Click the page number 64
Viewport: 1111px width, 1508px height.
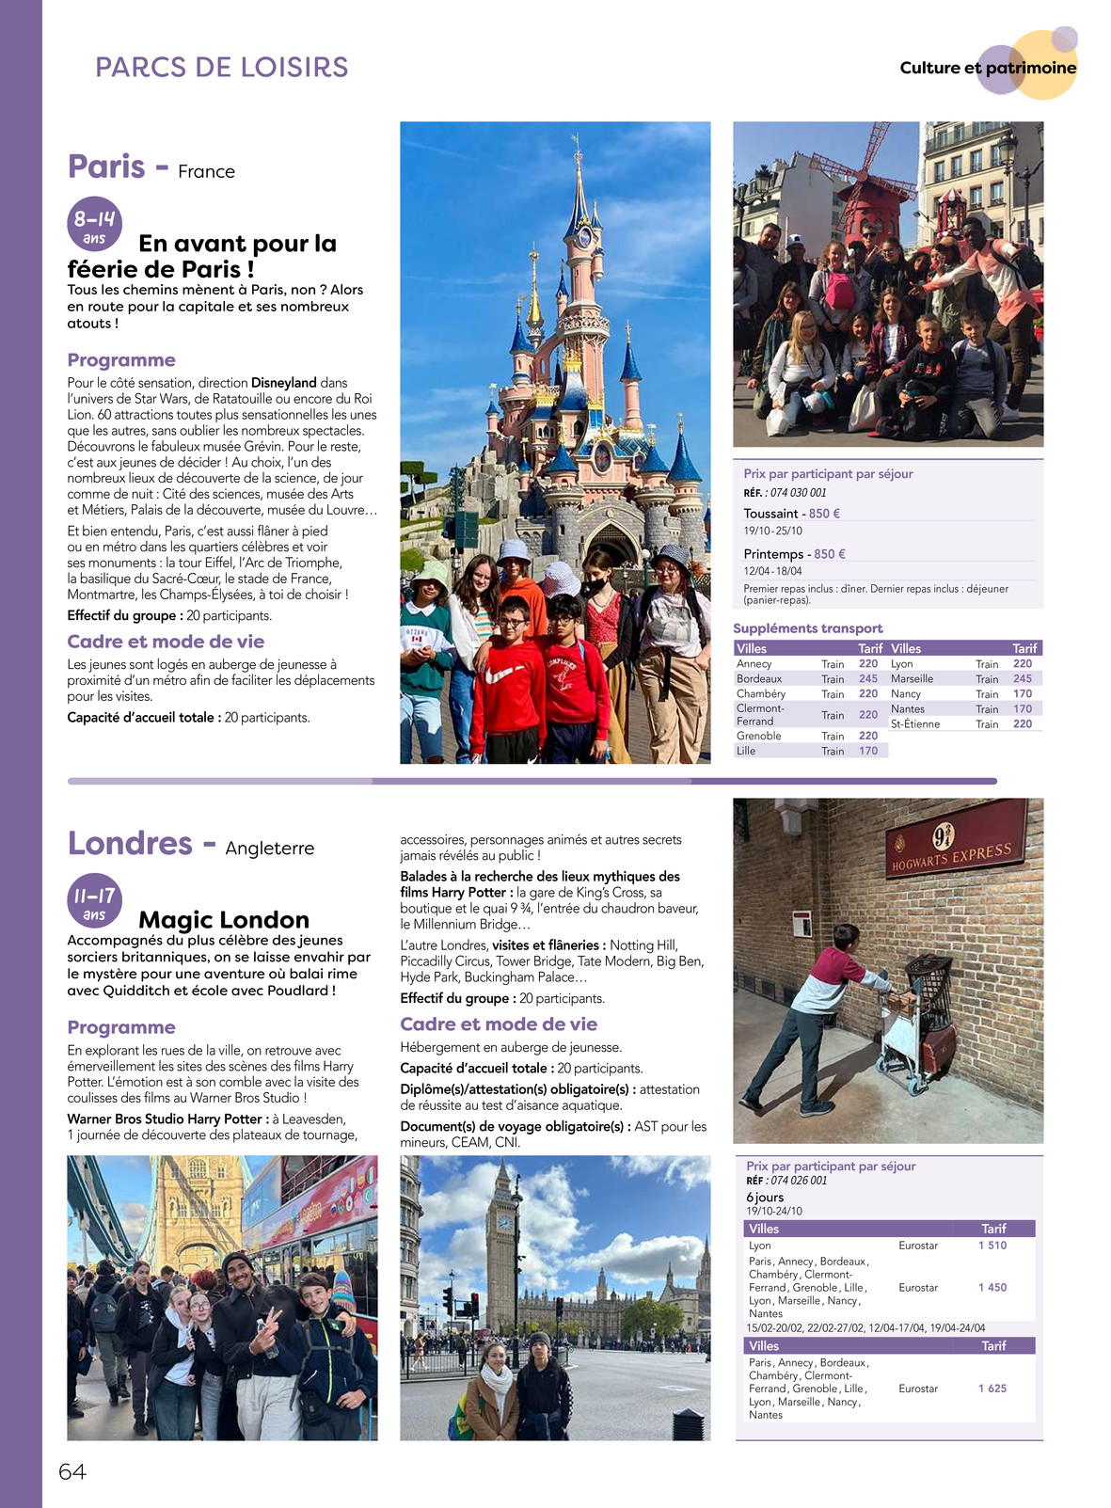[x=72, y=1471]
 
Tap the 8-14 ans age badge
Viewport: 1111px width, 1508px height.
[x=94, y=225]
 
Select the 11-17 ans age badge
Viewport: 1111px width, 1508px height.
[x=94, y=901]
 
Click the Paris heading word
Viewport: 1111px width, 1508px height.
[x=106, y=167]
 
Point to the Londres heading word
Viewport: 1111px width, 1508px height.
[x=130, y=843]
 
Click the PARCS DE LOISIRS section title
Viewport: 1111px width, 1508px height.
[x=222, y=68]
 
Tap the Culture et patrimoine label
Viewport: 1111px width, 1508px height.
[x=988, y=68]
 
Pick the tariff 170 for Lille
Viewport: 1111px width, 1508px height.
[x=868, y=751]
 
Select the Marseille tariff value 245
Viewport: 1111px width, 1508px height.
[x=1023, y=678]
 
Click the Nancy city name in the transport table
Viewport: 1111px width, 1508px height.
[x=906, y=693]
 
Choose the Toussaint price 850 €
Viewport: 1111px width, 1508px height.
[x=825, y=514]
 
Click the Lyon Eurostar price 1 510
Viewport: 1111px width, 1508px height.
[x=992, y=1246]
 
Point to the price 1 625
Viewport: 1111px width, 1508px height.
[x=992, y=1389]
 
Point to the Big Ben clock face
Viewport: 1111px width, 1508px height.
[x=505, y=1224]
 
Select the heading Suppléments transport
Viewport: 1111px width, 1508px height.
[x=808, y=628]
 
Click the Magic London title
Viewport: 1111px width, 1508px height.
[x=224, y=919]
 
